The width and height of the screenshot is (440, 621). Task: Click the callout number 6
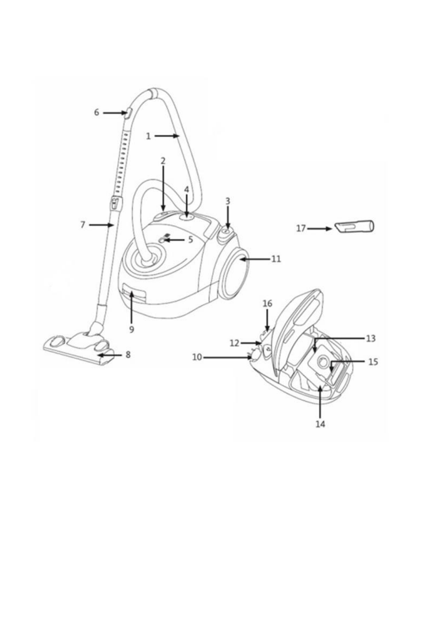click(96, 112)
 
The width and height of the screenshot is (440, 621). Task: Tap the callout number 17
click(301, 229)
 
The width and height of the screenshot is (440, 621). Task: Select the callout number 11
click(276, 259)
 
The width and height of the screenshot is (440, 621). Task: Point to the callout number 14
click(320, 424)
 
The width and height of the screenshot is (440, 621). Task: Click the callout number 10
click(197, 357)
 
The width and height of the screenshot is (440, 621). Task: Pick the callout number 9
click(132, 329)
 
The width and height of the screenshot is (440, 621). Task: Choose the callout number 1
click(148, 136)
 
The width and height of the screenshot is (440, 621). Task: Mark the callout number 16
click(267, 303)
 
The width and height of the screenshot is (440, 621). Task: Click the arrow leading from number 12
click(251, 343)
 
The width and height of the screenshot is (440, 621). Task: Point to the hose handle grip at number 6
click(128, 112)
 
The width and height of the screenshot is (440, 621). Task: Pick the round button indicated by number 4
click(186, 218)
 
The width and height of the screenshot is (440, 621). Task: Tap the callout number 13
click(371, 338)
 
